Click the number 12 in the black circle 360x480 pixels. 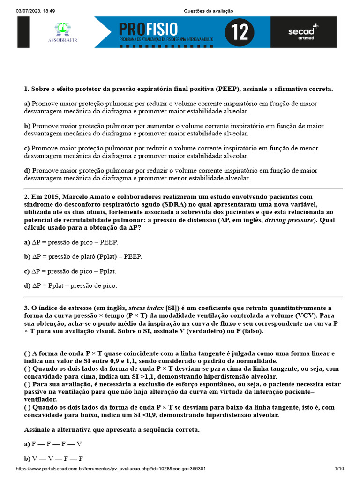click(240, 33)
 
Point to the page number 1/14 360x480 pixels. click(339, 469)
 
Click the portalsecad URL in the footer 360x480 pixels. click(112, 469)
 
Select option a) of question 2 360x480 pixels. click(71, 242)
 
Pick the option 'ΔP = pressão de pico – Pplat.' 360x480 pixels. click(70, 271)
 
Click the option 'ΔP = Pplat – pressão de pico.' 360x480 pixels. click(70, 285)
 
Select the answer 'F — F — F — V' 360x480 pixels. click(53, 443)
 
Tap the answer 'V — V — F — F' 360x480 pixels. click(53, 458)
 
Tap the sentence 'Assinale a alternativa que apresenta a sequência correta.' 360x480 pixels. click(112, 429)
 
